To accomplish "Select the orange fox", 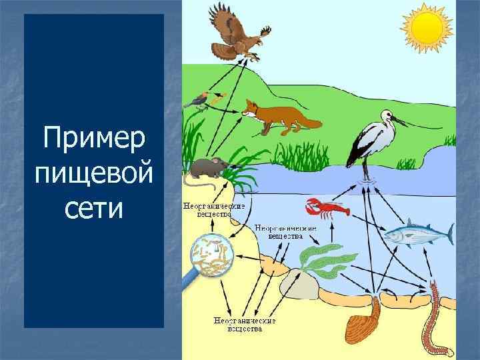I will click(x=273, y=115).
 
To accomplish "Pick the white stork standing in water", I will click(x=371, y=140).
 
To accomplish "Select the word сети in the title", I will click(x=93, y=209).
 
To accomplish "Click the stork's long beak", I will click(x=403, y=121).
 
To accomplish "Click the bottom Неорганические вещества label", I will click(x=244, y=324).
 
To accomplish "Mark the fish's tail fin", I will click(x=447, y=234).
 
